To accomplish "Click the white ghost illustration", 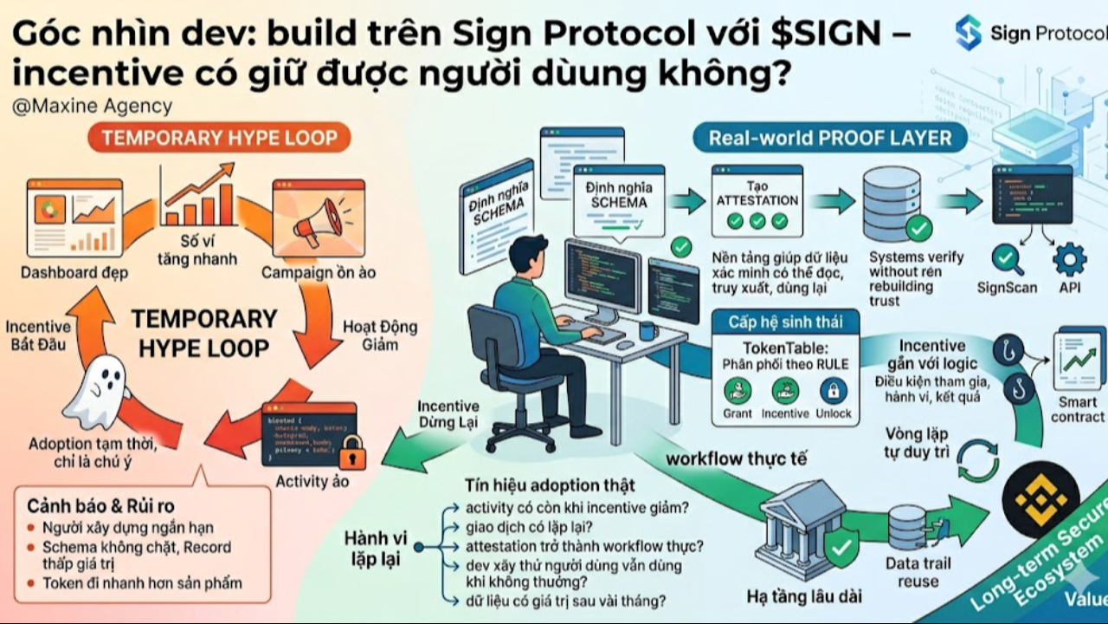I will pyautogui.click(x=97, y=394).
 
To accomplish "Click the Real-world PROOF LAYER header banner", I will pyautogui.click(x=830, y=137).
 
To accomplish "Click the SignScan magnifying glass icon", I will pyautogui.click(x=1005, y=257).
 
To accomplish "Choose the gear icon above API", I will pyautogui.click(x=1070, y=257).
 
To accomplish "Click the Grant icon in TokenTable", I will pyautogui.click(x=737, y=391).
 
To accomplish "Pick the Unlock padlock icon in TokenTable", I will pyautogui.click(x=833, y=391).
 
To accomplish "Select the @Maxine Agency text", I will pyautogui.click(x=93, y=107).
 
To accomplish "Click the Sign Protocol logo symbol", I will pyautogui.click(x=969, y=32).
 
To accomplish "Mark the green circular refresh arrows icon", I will pyautogui.click(x=979, y=461).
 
